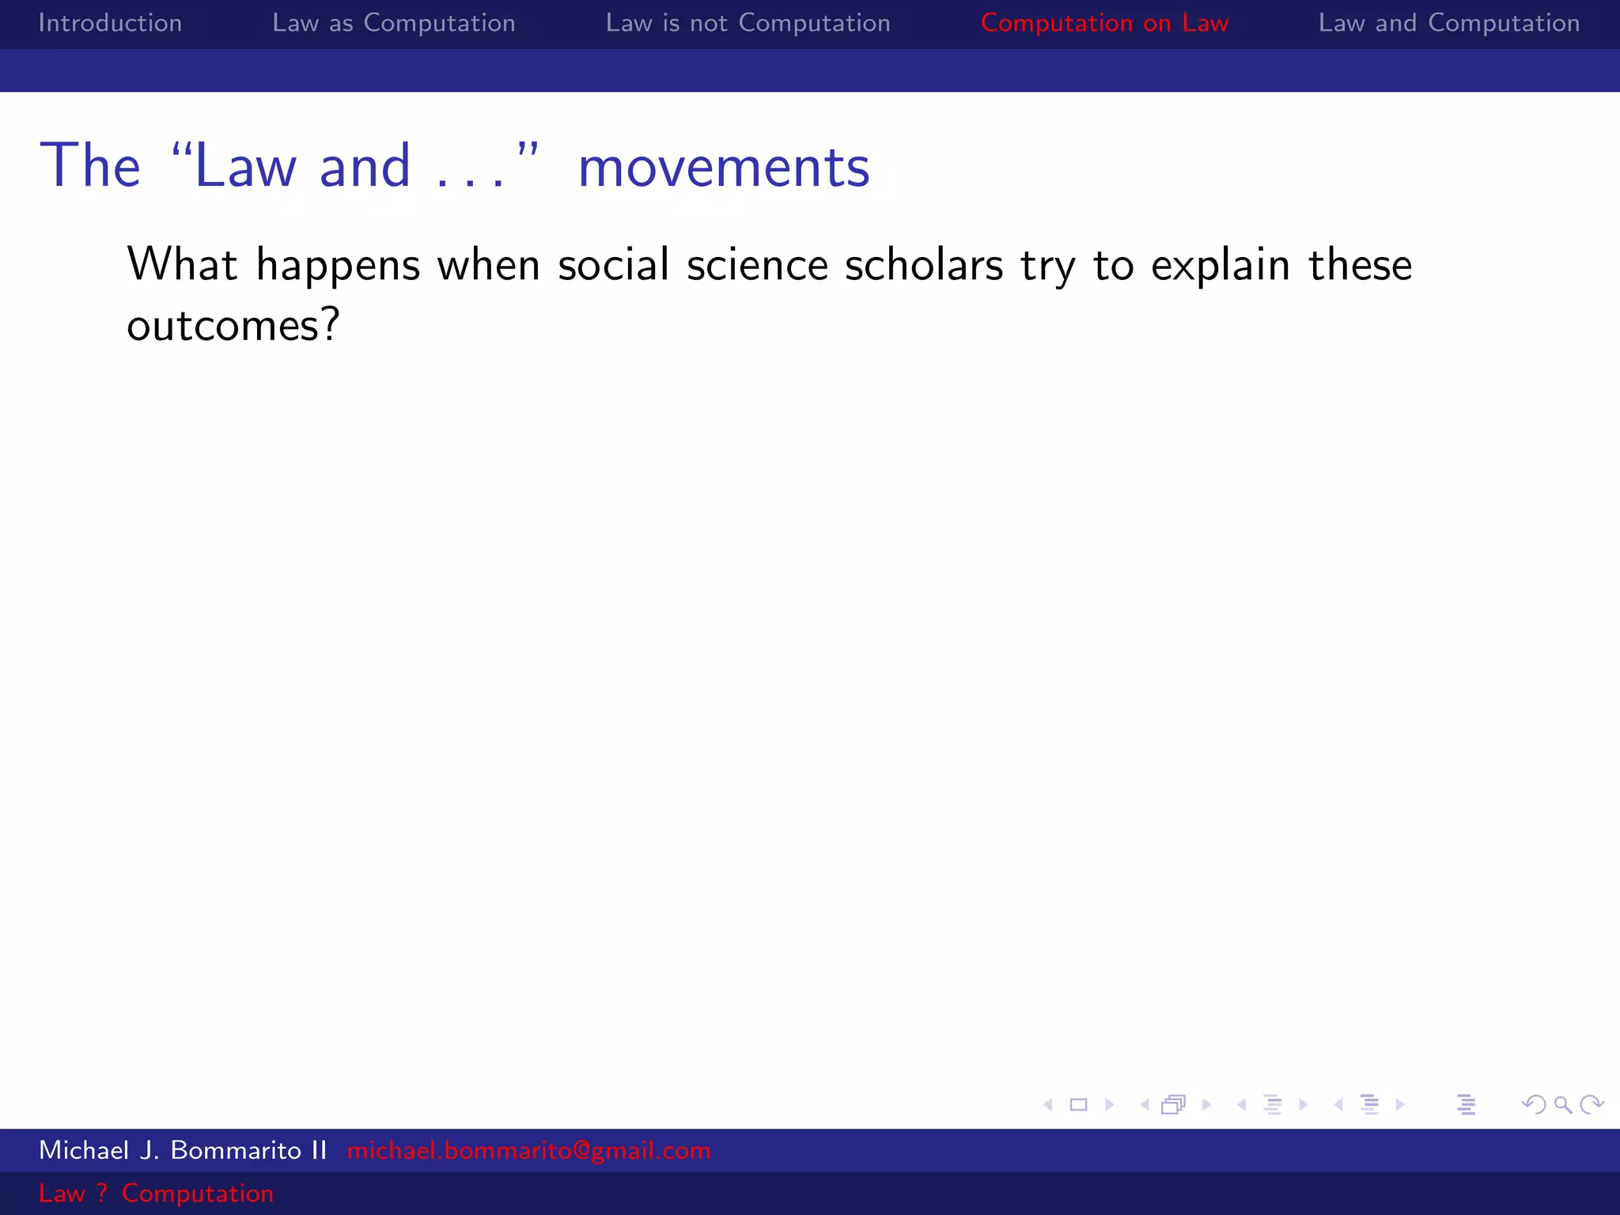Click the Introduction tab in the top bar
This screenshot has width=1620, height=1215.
[110, 23]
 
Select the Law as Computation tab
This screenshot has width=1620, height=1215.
[393, 23]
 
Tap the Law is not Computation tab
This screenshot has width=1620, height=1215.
[748, 23]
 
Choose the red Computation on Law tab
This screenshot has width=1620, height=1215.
[1104, 23]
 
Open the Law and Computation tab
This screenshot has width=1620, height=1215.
[1448, 23]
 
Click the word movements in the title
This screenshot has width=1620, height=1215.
[723, 168]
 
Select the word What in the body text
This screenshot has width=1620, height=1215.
[181, 264]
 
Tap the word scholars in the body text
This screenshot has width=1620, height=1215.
[924, 264]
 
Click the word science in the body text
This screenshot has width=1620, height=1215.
[756, 264]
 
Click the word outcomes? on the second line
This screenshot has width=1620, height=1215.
[233, 325]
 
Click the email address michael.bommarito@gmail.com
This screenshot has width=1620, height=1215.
[528, 1150]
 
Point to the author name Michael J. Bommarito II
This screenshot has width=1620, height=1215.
[183, 1150]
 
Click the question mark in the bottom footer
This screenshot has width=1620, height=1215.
[102, 1193]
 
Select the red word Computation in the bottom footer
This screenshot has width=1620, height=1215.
[197, 1193]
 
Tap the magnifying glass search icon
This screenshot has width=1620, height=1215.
[1562, 1104]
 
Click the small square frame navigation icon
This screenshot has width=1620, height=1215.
[1078, 1104]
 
